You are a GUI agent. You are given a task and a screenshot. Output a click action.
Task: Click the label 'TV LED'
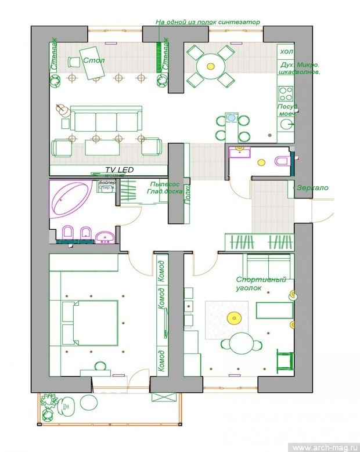pyautogui.click(x=119, y=169)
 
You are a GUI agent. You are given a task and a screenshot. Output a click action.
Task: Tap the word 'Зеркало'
pyautogui.click(x=312, y=188)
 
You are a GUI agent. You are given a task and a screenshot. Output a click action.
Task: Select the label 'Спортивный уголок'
pyautogui.click(x=261, y=284)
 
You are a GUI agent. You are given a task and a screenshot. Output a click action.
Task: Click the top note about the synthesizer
pyautogui.click(x=207, y=21)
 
